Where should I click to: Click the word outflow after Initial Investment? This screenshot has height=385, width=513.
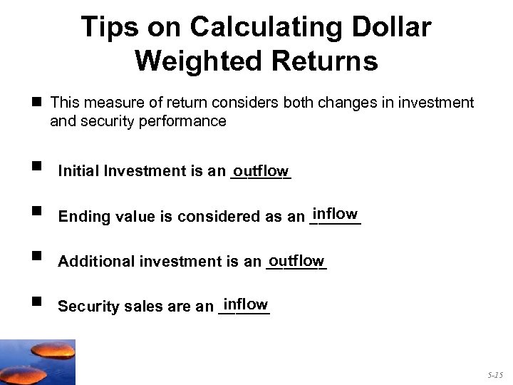click(261, 171)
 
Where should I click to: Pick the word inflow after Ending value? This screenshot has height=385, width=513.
click(335, 214)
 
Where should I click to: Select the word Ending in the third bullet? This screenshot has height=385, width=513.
click(82, 217)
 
